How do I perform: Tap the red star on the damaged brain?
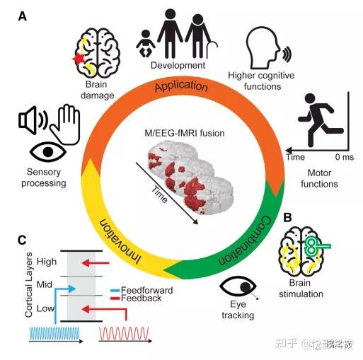click(79, 59)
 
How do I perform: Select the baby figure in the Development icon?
click(146, 41)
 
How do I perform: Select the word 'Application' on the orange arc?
click(182, 88)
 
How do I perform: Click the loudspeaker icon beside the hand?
click(32, 122)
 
